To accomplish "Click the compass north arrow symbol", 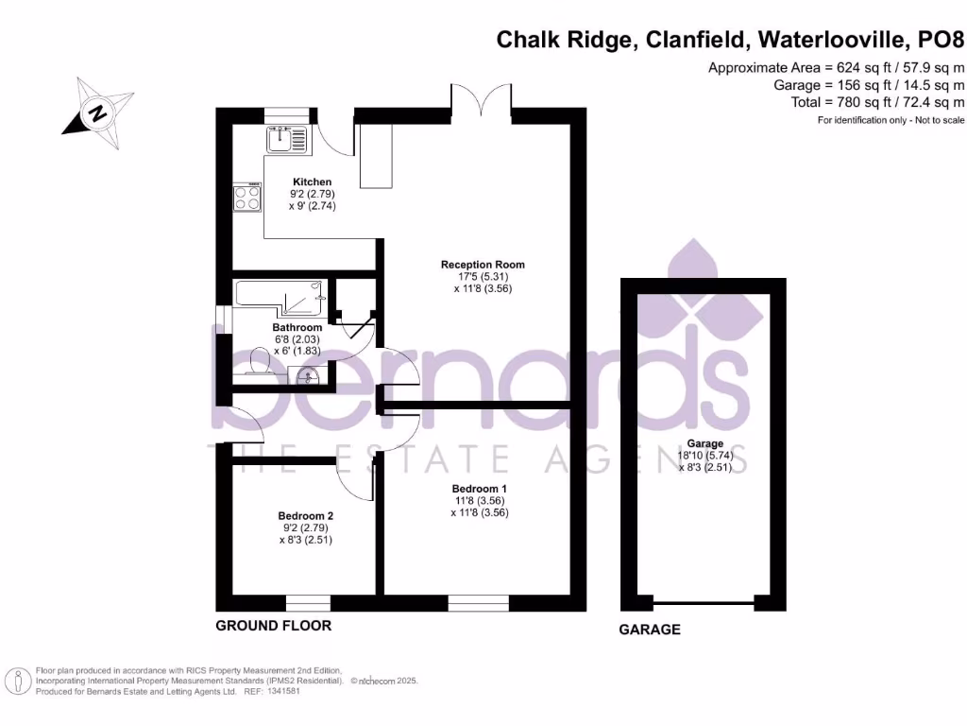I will point(97,114).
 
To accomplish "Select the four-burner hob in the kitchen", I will point(247,198).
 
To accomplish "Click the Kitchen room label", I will point(313,181).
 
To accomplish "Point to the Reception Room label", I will point(483,265).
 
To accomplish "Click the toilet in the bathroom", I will point(258,360).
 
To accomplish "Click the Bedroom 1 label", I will point(482,489).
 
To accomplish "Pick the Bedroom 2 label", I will point(306,515).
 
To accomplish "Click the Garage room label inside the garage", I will point(705,443).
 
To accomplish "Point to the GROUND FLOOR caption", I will point(274,626).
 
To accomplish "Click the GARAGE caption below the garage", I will point(649,630).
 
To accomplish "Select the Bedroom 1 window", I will point(479,602).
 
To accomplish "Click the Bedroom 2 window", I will point(308,602).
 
